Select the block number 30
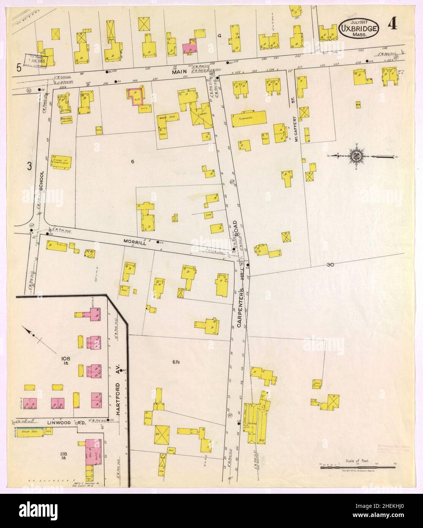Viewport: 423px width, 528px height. (329, 265)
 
